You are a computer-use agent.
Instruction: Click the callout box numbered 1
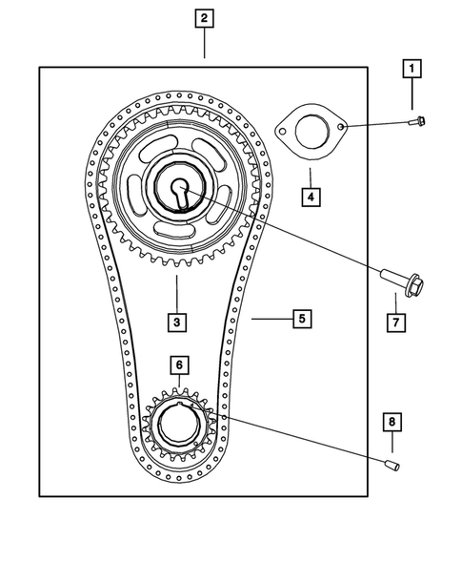[412, 69]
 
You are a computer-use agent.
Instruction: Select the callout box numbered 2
[204, 17]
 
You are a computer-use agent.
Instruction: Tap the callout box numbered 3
[177, 322]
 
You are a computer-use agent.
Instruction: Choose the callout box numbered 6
[178, 364]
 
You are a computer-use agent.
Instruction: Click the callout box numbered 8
[391, 421]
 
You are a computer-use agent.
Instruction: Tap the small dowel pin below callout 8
[392, 465]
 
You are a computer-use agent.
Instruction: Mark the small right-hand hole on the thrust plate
[341, 125]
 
